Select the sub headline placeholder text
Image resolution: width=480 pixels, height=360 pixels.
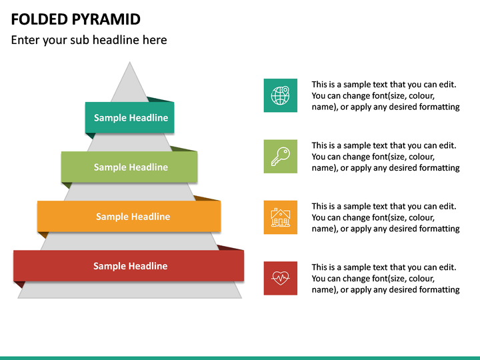pos(89,40)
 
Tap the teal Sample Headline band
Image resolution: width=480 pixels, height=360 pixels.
pos(130,118)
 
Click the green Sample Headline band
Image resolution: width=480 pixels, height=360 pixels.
pos(130,167)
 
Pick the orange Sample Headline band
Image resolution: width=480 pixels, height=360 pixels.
pos(130,217)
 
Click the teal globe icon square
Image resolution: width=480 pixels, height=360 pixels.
pos(280,95)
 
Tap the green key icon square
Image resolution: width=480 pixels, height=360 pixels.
pos(280,156)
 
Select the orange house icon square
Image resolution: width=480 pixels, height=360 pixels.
pos(280,217)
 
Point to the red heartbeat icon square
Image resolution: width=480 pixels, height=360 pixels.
pos(280,278)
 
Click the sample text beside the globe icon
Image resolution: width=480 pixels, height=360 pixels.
pos(385,95)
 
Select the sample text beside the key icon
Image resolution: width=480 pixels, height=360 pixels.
pos(385,156)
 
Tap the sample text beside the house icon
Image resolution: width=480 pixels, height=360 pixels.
pos(385,217)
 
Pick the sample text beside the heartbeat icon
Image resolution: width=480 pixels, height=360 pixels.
pos(385,278)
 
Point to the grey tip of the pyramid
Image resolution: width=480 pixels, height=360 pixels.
pos(130,80)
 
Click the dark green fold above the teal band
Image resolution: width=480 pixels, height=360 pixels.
pos(161,99)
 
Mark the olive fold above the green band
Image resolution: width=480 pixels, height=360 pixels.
pos(184,149)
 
